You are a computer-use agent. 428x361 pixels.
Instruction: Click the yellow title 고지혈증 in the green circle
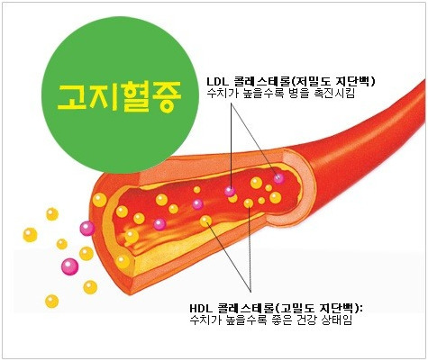click(x=119, y=96)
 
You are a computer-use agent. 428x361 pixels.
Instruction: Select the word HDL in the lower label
click(x=200, y=308)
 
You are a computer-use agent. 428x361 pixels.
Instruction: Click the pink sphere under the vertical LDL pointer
click(x=231, y=191)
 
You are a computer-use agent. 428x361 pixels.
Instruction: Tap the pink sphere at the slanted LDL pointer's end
click(x=278, y=178)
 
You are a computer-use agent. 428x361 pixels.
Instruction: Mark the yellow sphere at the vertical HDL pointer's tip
click(x=249, y=203)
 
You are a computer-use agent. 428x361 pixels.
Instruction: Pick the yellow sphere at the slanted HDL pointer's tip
click(x=205, y=221)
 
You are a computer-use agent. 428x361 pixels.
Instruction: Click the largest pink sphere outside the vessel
click(x=69, y=266)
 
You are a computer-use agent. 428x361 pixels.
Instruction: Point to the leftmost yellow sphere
click(x=30, y=235)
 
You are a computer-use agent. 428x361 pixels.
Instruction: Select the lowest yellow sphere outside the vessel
click(x=52, y=302)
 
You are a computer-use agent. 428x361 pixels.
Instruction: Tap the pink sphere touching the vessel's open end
click(x=87, y=229)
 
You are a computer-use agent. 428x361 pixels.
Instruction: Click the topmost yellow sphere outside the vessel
click(x=52, y=214)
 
